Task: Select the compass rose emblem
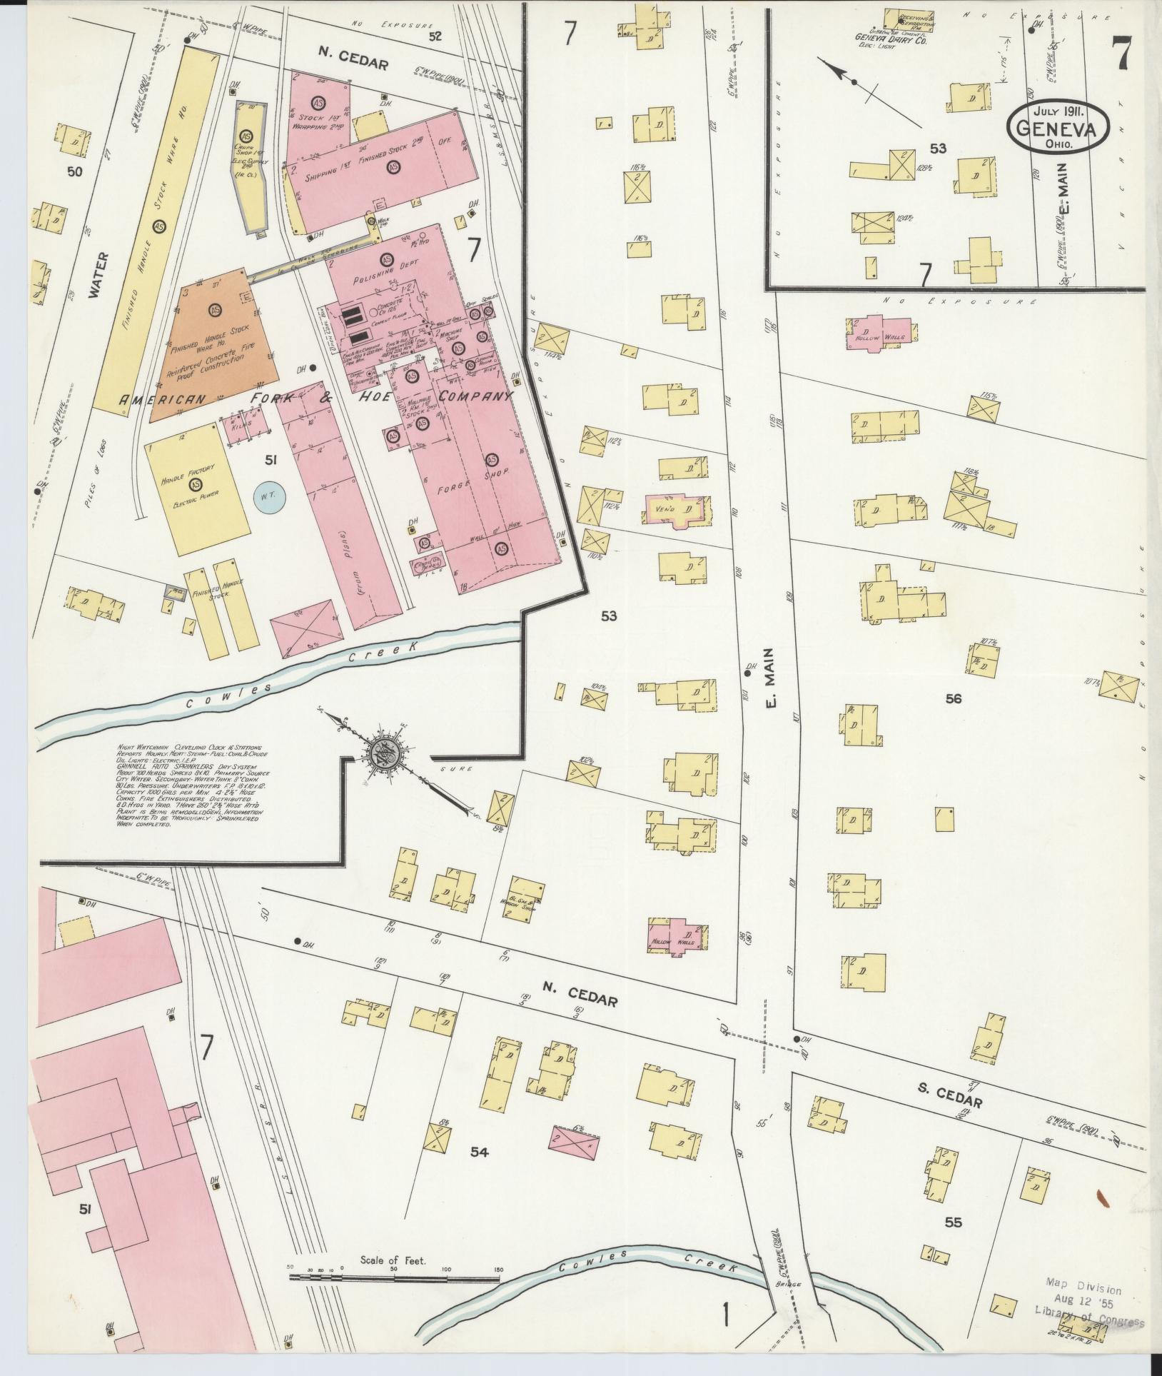point(388,752)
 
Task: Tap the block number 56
point(954,698)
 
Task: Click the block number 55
point(953,1222)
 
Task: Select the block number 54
point(479,1152)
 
